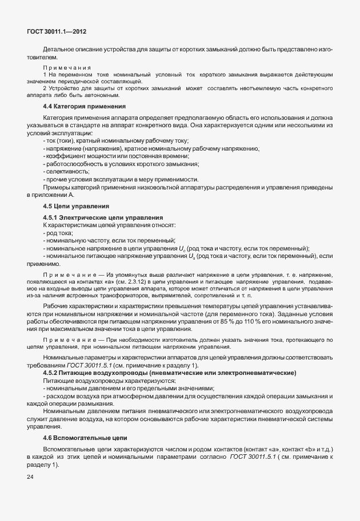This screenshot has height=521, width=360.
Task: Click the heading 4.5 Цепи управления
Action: pyautogui.click(x=76, y=205)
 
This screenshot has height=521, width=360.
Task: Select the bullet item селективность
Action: pyautogui.click(x=66, y=171)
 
